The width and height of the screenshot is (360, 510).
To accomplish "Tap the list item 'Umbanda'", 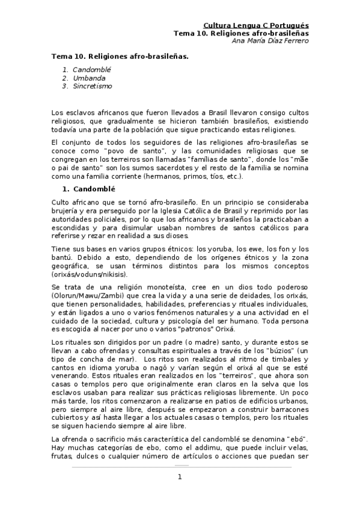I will (x=89, y=78).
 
